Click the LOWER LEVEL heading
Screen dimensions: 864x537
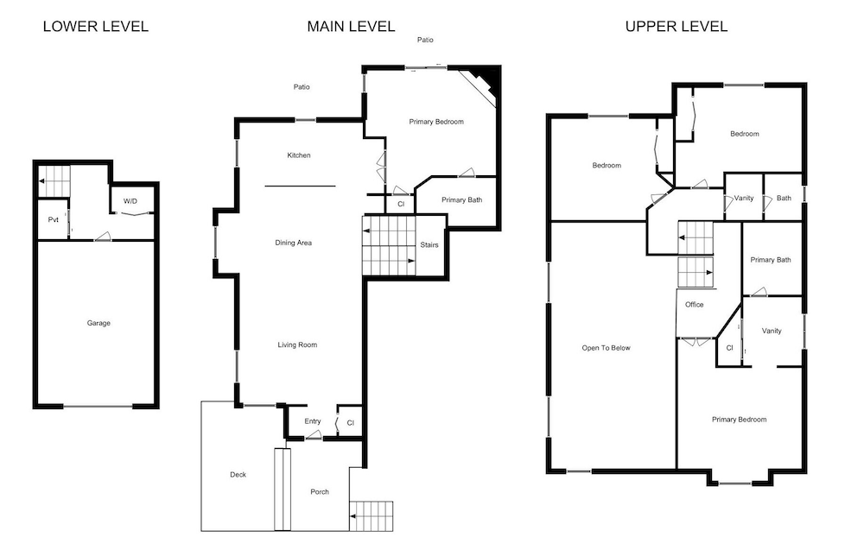[x=96, y=27]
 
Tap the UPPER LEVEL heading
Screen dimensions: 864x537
[x=677, y=27]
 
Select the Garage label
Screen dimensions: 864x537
[x=98, y=323]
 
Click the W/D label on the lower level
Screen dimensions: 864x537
[x=130, y=201]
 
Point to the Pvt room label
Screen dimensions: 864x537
[x=53, y=220]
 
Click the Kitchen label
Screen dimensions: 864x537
[x=299, y=155]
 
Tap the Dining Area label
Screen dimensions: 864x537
[x=293, y=243]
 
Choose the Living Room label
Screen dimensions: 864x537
[x=297, y=344]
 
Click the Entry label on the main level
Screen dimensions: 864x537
[x=313, y=421]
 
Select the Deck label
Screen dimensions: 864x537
[x=238, y=475]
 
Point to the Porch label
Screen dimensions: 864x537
[x=320, y=492]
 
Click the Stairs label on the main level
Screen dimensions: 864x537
[x=429, y=245]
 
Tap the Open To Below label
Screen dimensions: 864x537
[x=607, y=348]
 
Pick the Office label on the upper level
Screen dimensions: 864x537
[x=695, y=305]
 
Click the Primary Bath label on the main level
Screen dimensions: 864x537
[x=461, y=200]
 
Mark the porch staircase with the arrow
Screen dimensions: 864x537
[x=371, y=516]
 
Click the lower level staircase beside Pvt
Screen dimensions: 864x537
[x=54, y=180]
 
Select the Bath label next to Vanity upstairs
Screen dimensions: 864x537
[x=784, y=199]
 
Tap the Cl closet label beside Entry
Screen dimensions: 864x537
[x=351, y=423]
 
